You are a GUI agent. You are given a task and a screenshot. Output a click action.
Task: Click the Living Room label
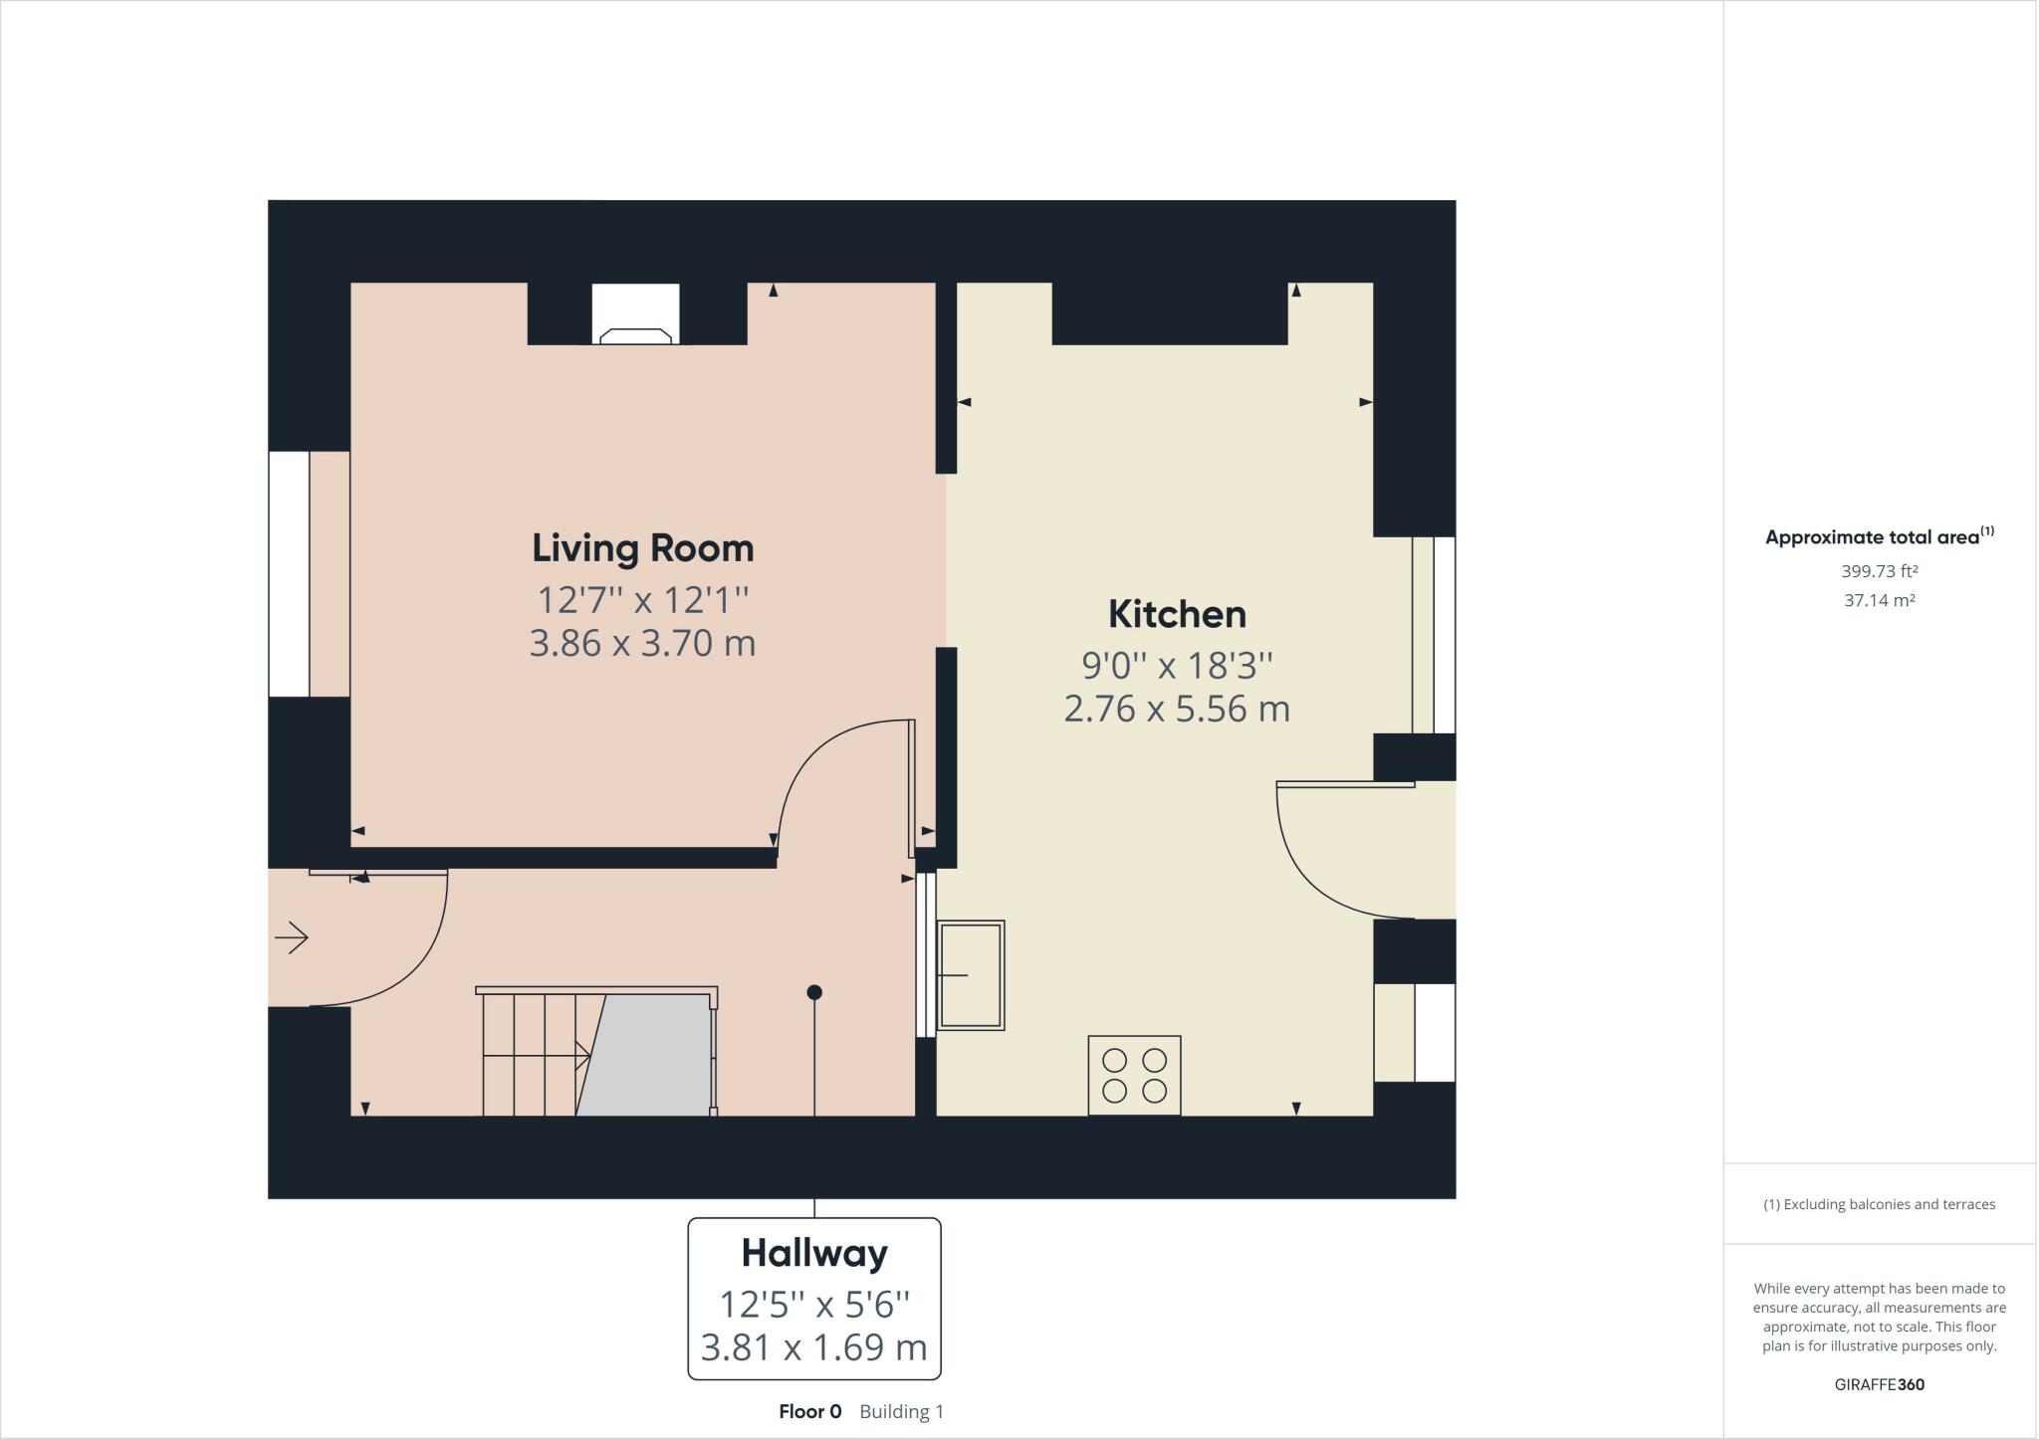tap(642, 548)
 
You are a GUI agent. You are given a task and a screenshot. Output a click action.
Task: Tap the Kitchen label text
tap(1177, 614)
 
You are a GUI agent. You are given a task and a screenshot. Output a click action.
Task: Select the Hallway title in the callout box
tap(813, 1253)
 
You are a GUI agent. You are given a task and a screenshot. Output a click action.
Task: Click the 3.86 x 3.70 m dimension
tap(642, 643)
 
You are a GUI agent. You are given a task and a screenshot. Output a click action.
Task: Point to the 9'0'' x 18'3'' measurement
tap(1177, 664)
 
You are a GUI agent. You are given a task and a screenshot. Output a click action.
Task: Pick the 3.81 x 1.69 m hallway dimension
tap(813, 1347)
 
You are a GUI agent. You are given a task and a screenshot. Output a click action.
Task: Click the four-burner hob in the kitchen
tap(1134, 1076)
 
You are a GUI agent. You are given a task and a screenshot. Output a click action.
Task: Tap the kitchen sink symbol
tap(971, 975)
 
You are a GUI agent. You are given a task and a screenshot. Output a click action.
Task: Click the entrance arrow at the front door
tap(292, 937)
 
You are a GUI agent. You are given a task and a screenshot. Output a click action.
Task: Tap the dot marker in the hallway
tap(814, 992)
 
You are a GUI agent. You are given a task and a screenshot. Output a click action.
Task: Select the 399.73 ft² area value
tap(1879, 571)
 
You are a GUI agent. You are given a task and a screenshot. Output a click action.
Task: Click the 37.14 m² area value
tap(1879, 600)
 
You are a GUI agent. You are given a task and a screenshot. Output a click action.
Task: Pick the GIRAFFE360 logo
tap(1879, 1384)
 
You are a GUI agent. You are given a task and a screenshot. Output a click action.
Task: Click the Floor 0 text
tap(809, 1411)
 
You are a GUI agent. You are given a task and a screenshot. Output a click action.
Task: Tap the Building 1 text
tap(901, 1411)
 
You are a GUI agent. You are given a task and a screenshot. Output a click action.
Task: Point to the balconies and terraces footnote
tap(1879, 1204)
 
